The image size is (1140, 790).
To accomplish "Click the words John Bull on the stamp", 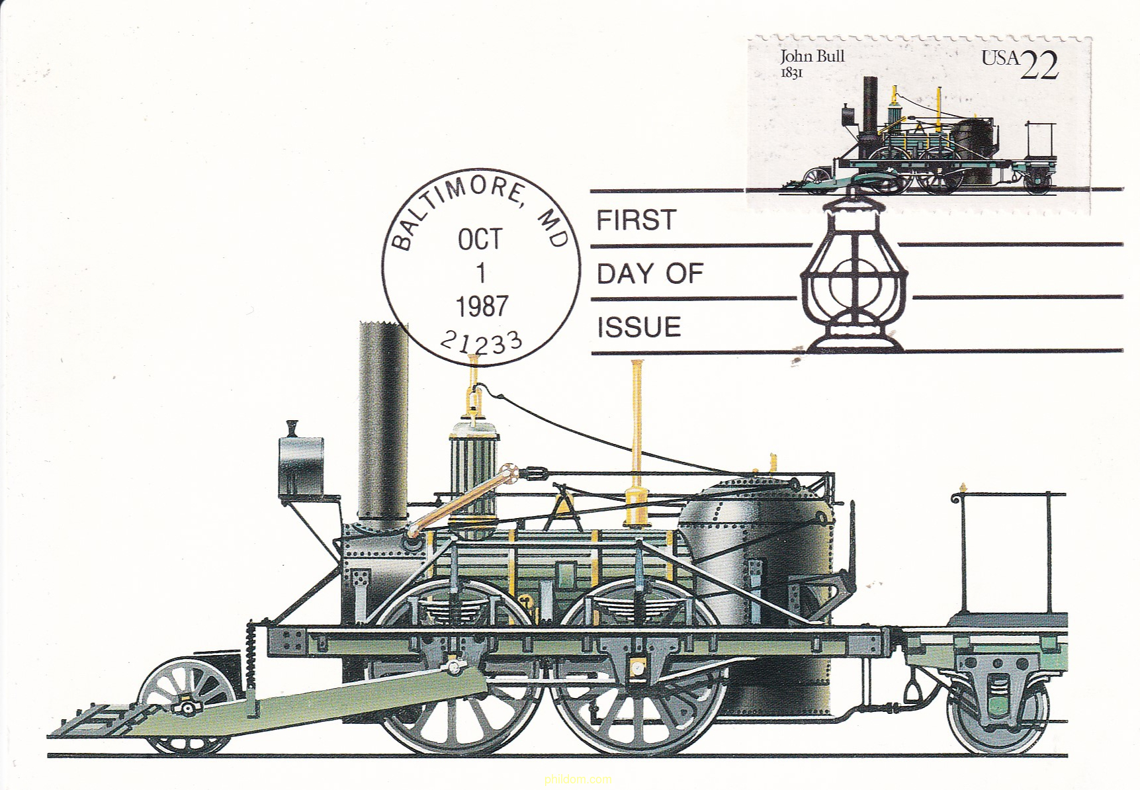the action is tap(812, 57).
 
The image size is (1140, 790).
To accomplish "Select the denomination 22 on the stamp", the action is tap(1039, 65).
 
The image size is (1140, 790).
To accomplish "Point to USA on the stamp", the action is tap(1000, 58).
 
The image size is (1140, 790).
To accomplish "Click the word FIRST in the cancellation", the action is tap(636, 220).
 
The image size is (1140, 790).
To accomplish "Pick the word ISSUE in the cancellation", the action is tap(638, 328).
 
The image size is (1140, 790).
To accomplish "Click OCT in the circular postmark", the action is tap(480, 240).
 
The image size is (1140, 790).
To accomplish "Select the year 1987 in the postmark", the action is tap(482, 306).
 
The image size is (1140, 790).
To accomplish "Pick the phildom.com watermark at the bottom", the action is tap(578, 779).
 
